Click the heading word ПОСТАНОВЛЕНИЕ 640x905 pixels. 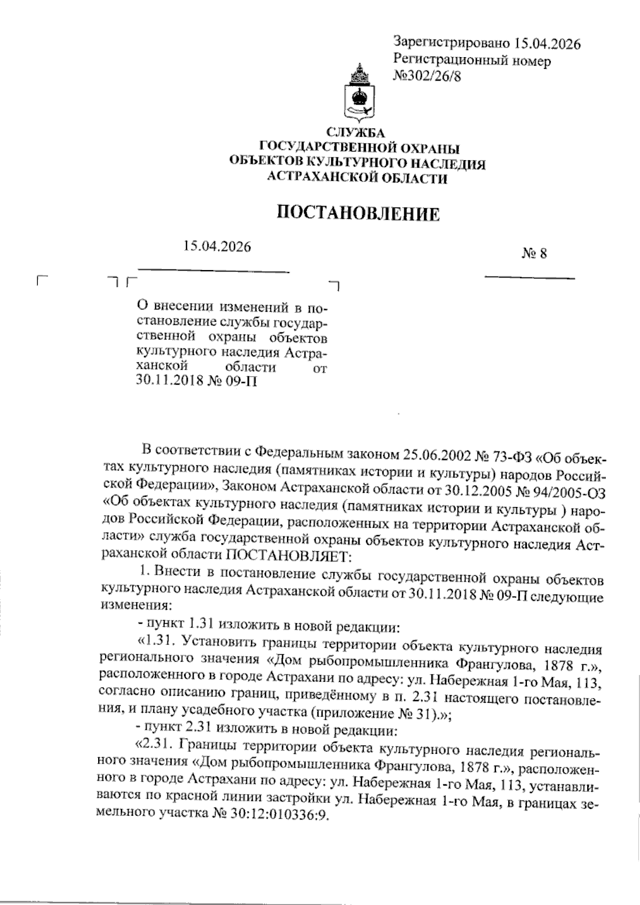pos(358,214)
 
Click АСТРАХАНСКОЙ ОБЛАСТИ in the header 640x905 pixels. pos(357,179)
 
